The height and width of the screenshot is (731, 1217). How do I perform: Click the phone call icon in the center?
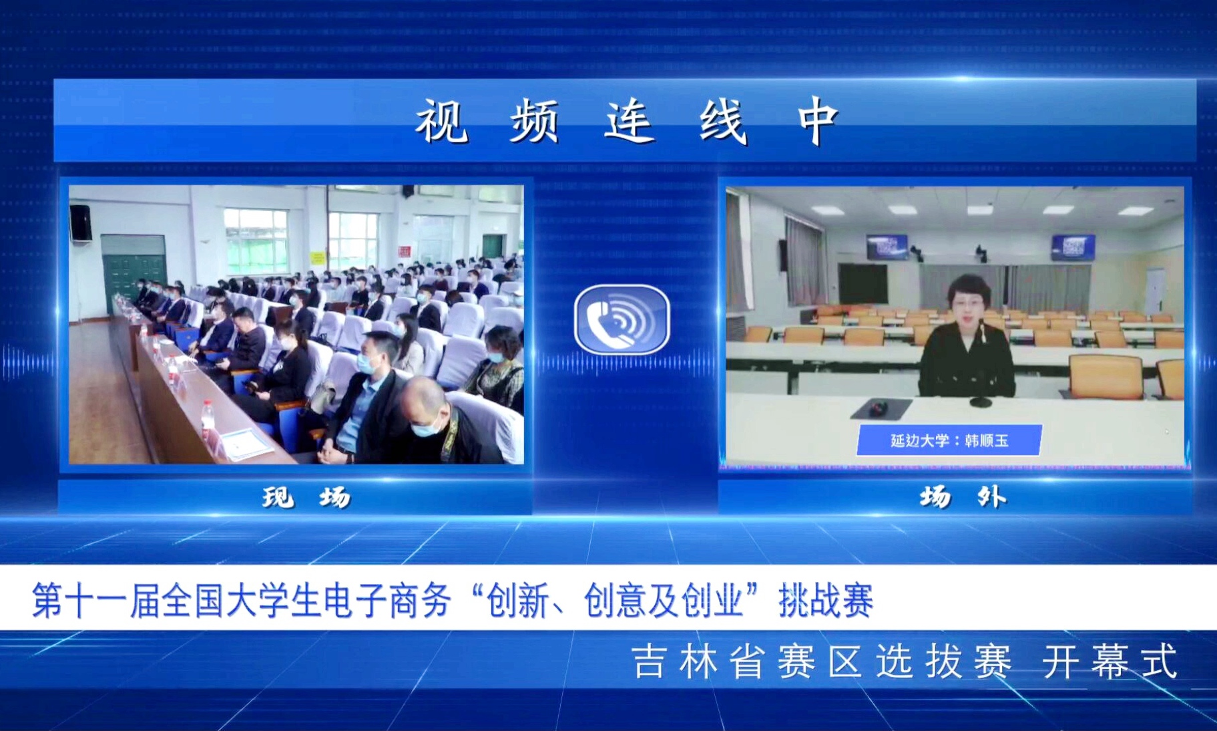pos(622,319)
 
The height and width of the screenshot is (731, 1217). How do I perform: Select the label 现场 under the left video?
pos(306,497)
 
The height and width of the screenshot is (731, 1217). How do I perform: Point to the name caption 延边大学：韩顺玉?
pos(949,440)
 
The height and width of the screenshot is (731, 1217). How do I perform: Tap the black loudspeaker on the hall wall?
pos(81,223)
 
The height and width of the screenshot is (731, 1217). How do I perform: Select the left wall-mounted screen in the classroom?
pos(886,246)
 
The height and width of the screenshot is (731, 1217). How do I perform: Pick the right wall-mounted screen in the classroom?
pos(1073,247)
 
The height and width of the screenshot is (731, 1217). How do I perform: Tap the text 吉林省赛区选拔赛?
pos(822,662)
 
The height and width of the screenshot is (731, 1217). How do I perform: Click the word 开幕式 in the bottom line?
pos(1110,662)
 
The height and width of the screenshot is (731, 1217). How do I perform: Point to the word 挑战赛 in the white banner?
pos(826,600)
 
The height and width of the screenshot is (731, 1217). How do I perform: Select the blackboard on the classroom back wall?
pos(863,284)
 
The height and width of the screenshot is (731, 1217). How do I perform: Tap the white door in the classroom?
pos(1156,291)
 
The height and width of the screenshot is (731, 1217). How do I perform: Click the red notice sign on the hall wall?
pos(404,252)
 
